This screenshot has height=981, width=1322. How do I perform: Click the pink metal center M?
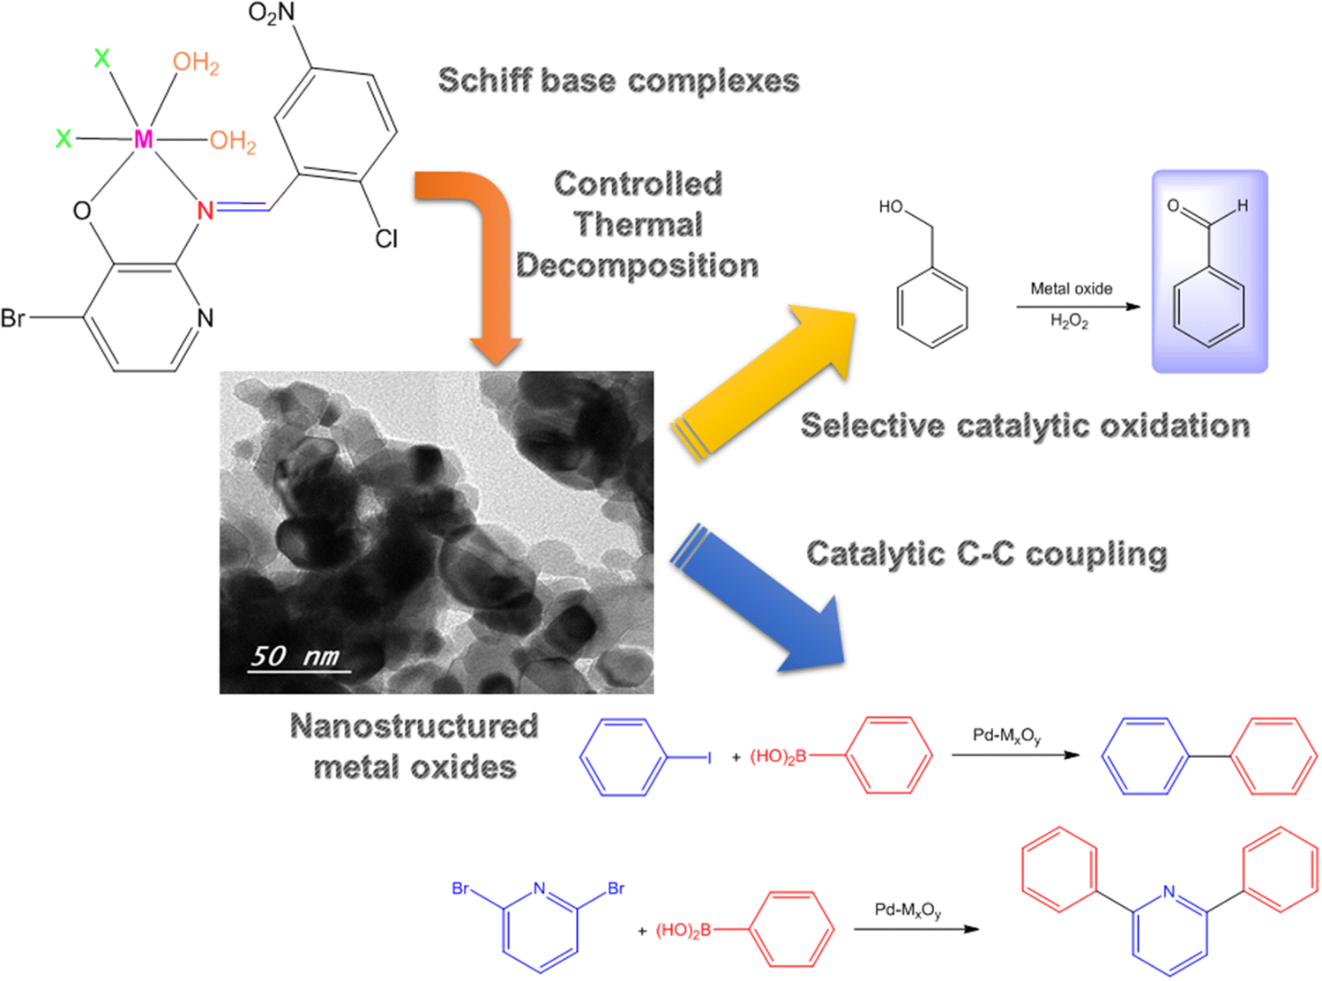pos(143,139)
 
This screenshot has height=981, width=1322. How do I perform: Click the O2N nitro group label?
pos(272,13)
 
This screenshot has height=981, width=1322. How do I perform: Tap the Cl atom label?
pos(386,239)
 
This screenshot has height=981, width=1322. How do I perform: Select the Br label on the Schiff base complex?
pos(13,318)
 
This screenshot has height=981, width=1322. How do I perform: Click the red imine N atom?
pos(205,211)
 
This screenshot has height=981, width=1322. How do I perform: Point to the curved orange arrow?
pos(481,247)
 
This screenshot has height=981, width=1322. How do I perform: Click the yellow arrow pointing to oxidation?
pos(767,379)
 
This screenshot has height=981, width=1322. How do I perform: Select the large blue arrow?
pos(758,599)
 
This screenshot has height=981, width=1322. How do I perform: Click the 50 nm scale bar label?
pos(295,657)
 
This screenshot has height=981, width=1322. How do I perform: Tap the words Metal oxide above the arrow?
pos(1071,288)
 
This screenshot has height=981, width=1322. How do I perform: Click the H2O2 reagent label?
pos(1069,321)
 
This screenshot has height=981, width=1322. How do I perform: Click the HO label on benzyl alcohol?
pos(891,206)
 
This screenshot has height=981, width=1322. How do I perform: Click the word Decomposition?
pos(637,265)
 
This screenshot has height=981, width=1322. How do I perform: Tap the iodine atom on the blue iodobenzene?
pos(709,756)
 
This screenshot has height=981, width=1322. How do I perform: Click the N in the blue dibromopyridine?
pos(540,888)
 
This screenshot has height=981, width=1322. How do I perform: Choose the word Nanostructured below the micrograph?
pos(414,726)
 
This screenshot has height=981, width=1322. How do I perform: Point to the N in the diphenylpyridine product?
pos(1169,891)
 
